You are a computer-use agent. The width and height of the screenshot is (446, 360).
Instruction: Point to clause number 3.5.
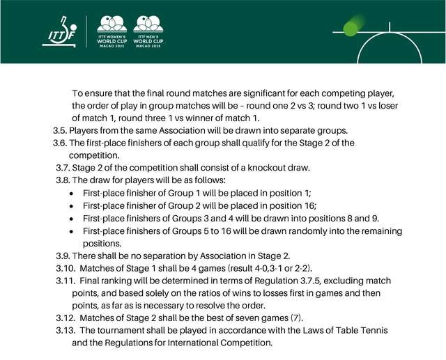[x=60, y=130]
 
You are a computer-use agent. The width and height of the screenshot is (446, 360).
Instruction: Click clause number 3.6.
[x=60, y=143]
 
